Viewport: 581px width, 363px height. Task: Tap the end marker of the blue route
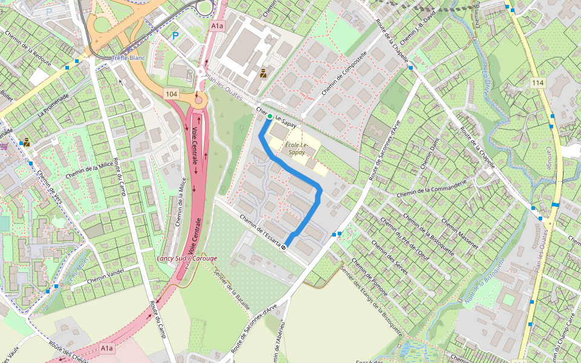point(283,246)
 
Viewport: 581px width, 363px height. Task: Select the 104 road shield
point(171,94)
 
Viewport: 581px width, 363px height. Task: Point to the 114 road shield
point(538,82)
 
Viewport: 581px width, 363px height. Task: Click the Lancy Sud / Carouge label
point(186,258)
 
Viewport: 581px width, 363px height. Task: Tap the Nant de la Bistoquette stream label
point(483,281)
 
